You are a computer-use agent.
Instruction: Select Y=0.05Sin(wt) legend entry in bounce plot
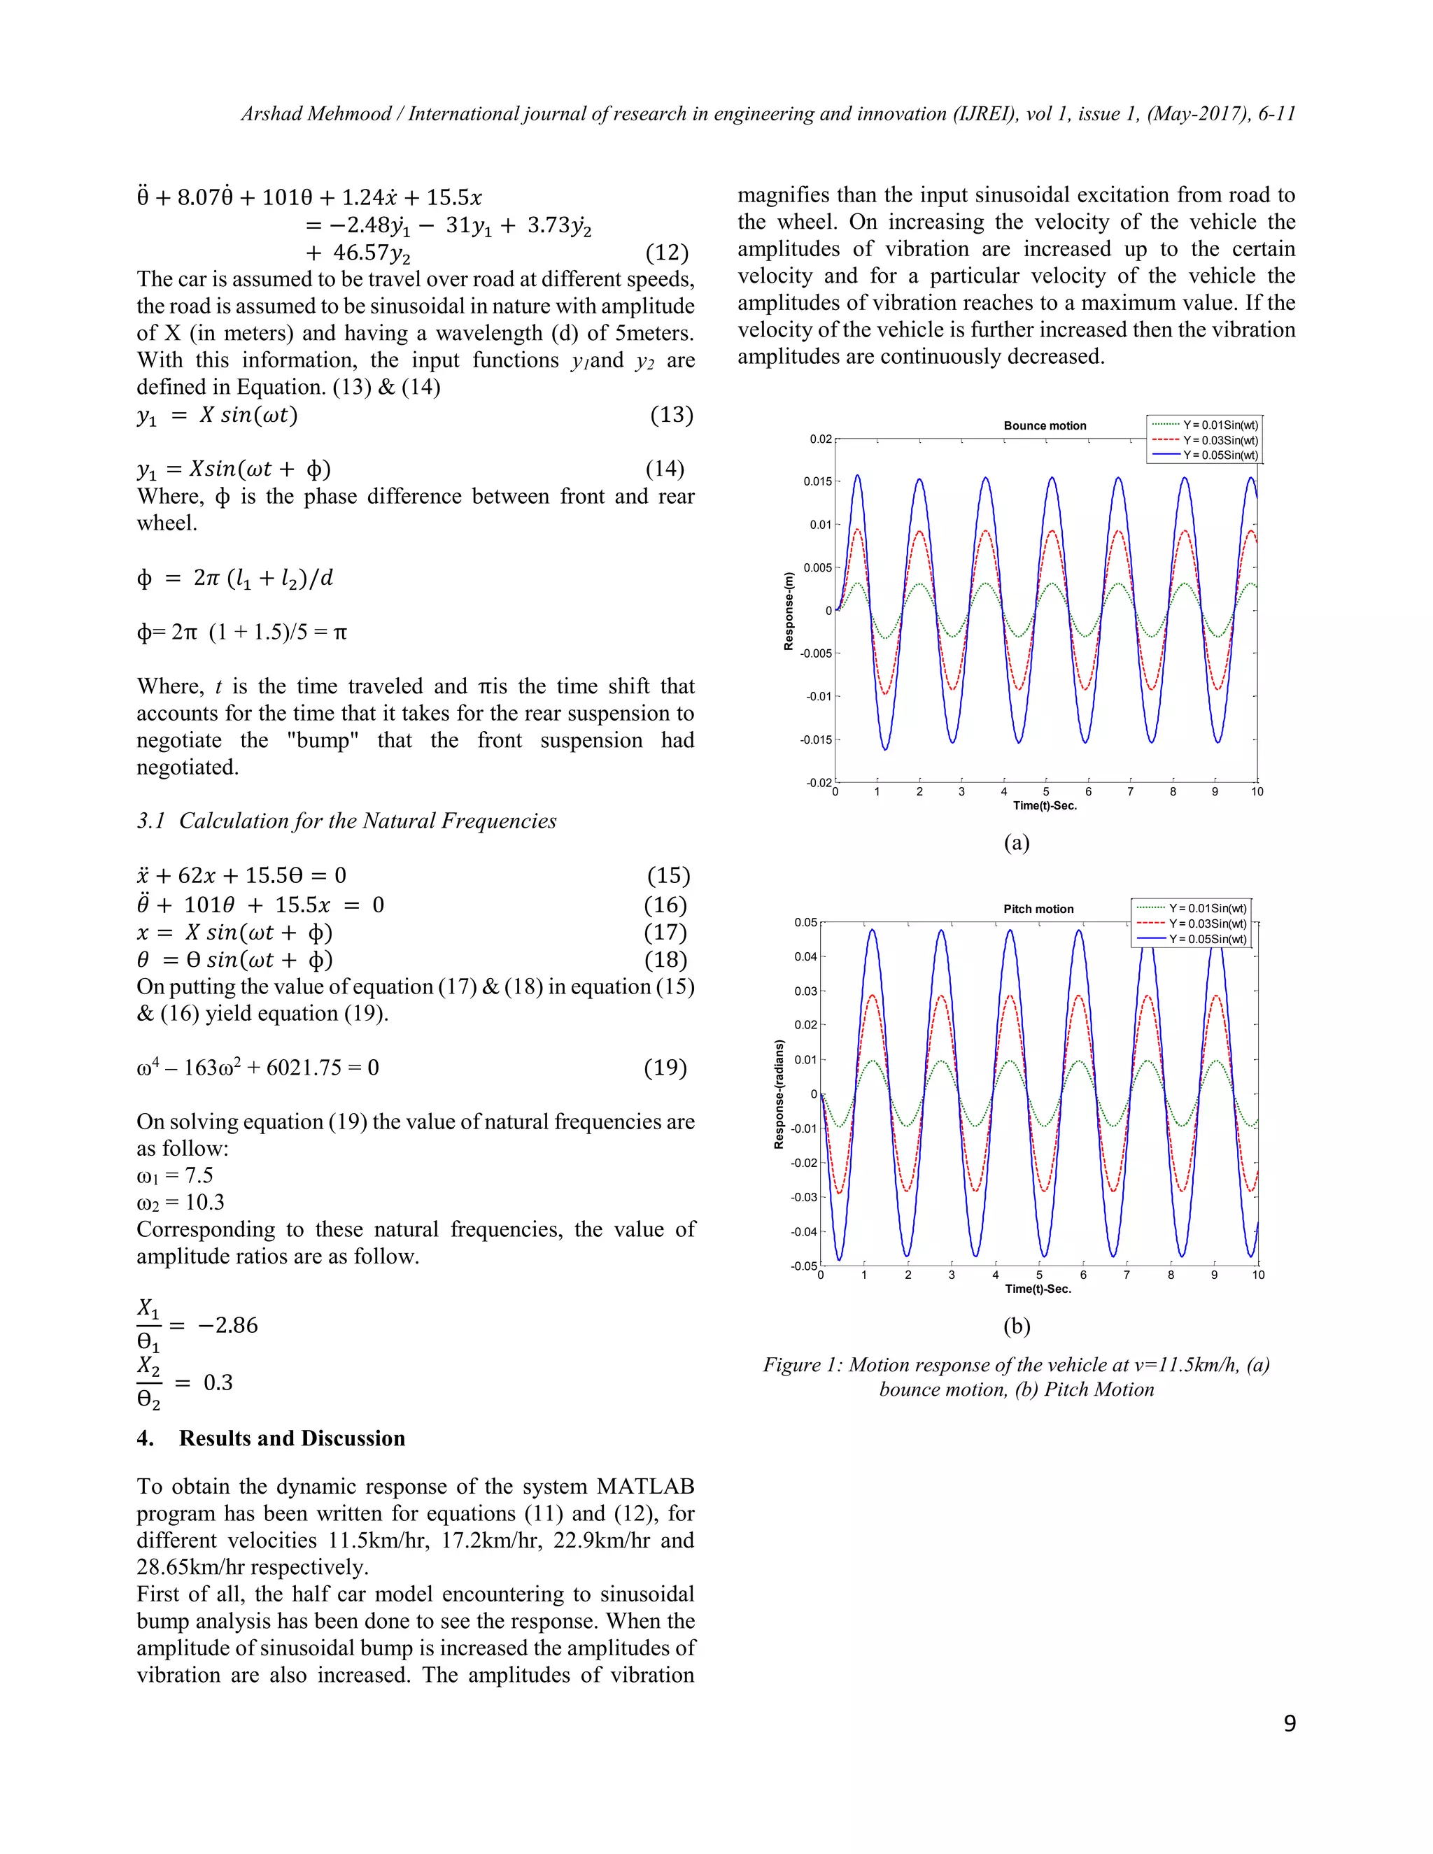(x=1220, y=455)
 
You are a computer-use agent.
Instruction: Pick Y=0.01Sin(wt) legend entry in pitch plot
(x=1207, y=907)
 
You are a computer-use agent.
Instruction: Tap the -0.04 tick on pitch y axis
(x=804, y=1232)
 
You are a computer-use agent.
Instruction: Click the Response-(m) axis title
(x=789, y=611)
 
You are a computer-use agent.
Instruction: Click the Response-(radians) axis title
(x=779, y=1094)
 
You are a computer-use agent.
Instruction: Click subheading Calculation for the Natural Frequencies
(x=367, y=821)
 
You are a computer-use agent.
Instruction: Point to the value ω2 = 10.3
(x=181, y=1202)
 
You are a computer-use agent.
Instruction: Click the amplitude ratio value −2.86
(x=227, y=1325)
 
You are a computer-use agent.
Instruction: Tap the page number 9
(x=1289, y=1723)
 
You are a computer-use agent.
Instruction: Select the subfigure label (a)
(x=1016, y=842)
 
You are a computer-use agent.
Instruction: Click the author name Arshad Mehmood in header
(x=316, y=114)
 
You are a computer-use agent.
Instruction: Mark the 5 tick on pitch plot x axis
(x=1039, y=1274)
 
